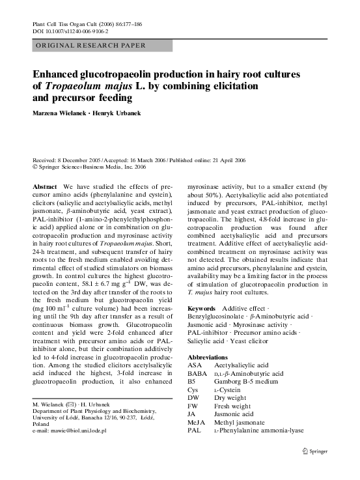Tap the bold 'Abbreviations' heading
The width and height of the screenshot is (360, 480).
point(208,358)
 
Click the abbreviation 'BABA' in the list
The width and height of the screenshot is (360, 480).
point(196,374)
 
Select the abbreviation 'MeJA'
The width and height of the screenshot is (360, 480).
point(196,422)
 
